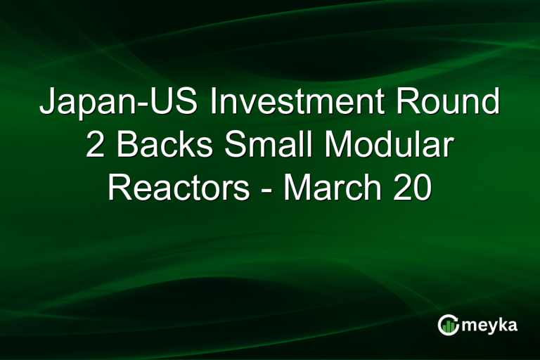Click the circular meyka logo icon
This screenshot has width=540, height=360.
[x=448, y=324]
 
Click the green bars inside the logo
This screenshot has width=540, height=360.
[x=449, y=326]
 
